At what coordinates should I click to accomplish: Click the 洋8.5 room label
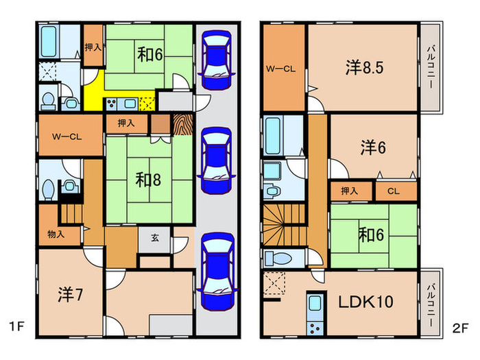pos(363,67)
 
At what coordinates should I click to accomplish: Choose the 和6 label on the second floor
pos(370,235)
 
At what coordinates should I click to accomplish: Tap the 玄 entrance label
pos(155,239)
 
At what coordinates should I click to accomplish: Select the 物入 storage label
pos(56,234)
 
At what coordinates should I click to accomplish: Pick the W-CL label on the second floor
pos(280,68)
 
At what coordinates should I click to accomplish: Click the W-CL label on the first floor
pos(67,136)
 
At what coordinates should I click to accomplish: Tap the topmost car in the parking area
pos(218,60)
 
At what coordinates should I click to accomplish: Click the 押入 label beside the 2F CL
pos(350,191)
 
